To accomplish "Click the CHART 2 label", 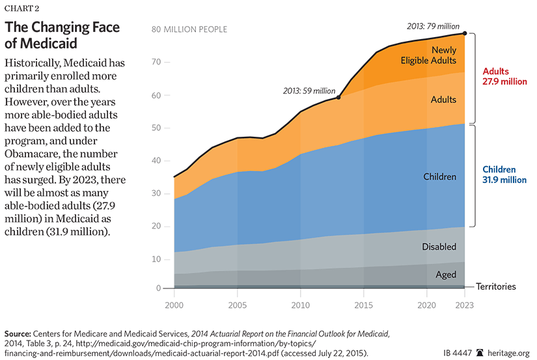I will pyautogui.click(x=23, y=9).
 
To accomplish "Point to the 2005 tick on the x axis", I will pyautogui.click(x=238, y=303).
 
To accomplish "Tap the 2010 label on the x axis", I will pyautogui.click(x=300, y=303).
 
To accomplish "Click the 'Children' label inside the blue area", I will pyautogui.click(x=439, y=176).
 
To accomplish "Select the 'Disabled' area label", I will pyautogui.click(x=438, y=247).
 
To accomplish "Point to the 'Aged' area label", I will pyautogui.click(x=445, y=275).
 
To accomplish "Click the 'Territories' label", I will pyautogui.click(x=495, y=286).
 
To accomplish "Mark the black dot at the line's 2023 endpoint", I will pyautogui.click(x=464, y=33).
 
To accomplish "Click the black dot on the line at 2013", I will pyautogui.click(x=339, y=98).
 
